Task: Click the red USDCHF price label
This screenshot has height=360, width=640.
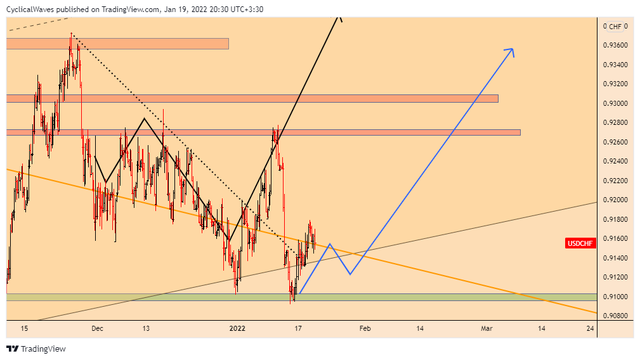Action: [580, 243]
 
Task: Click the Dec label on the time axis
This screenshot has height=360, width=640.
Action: [96, 328]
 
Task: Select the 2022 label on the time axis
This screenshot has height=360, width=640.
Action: [237, 328]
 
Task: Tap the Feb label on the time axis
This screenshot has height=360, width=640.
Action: [365, 328]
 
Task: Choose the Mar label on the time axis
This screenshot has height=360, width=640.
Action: [487, 328]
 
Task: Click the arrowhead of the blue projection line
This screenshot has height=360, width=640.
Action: [511, 50]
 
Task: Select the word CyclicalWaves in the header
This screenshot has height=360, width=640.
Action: [30, 9]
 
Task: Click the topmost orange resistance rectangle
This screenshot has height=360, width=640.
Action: [117, 44]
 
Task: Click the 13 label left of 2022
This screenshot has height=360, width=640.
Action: [146, 328]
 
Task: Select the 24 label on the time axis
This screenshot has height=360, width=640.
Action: [591, 328]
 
